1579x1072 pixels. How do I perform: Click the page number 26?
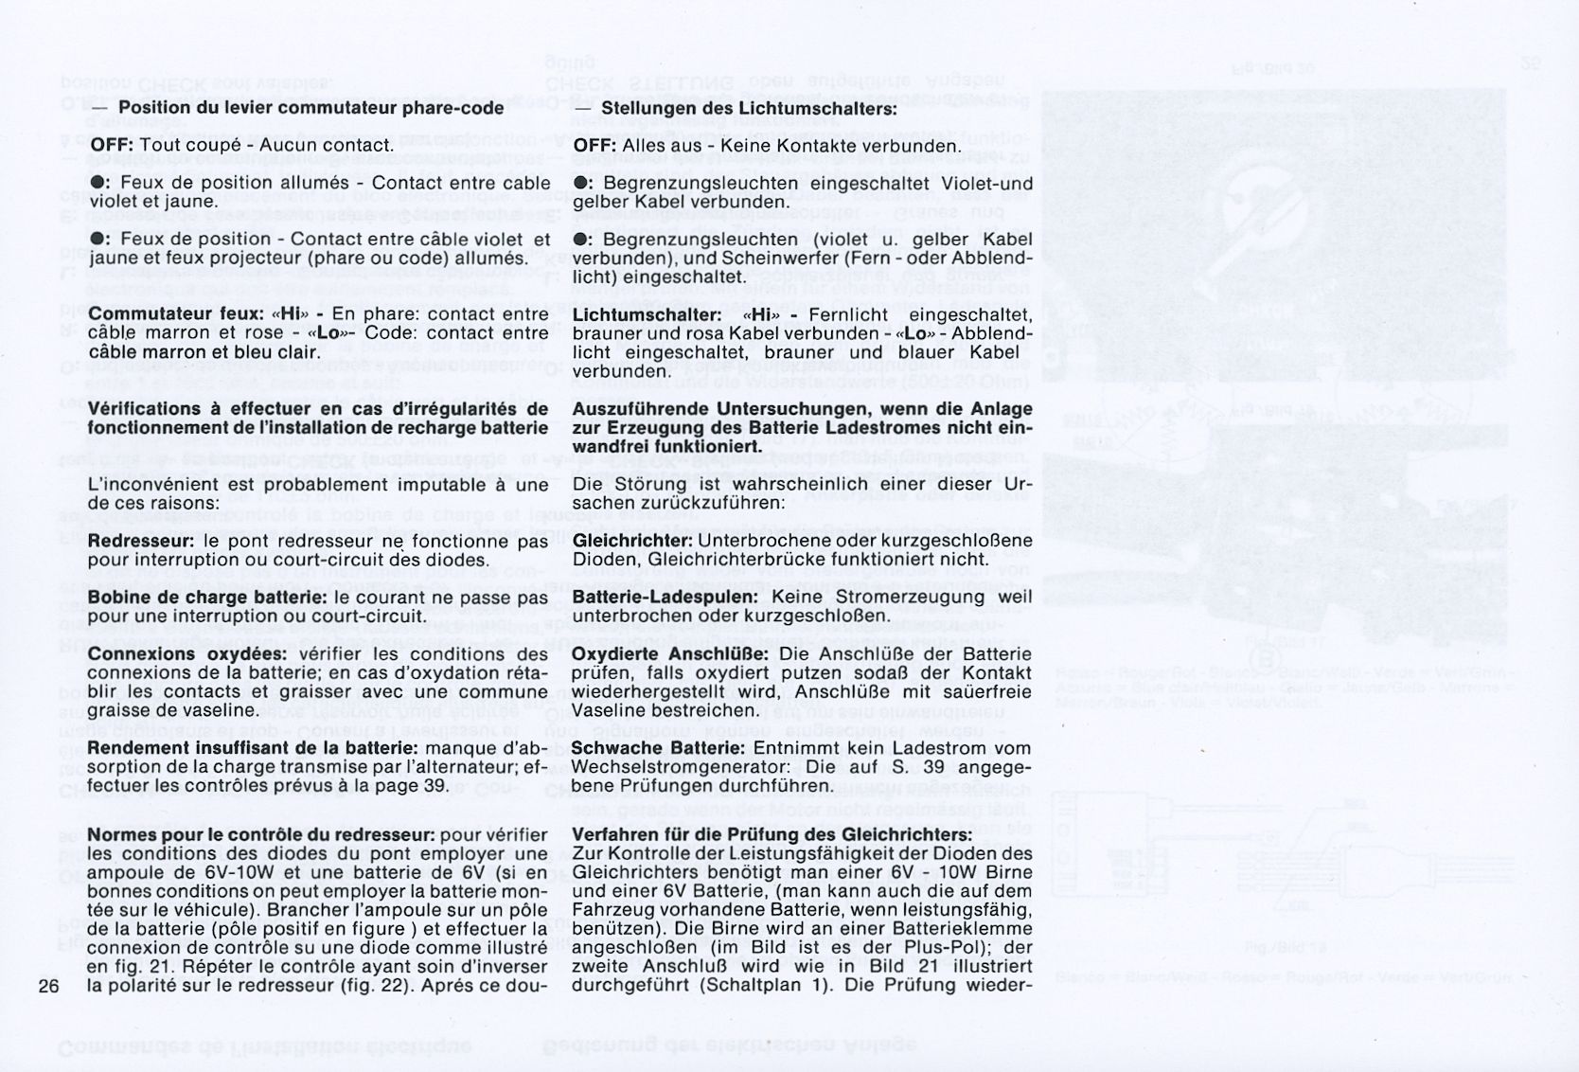(49, 986)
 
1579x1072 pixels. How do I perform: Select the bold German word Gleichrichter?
(633, 541)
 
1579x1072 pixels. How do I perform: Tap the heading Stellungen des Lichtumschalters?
(749, 108)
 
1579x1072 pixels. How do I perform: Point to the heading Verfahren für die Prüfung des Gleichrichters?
(772, 835)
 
